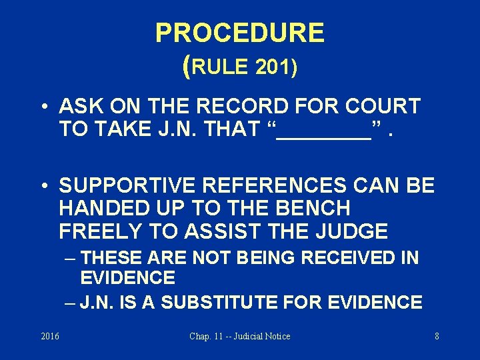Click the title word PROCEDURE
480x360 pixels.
[239, 33]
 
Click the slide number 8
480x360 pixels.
[437, 336]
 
